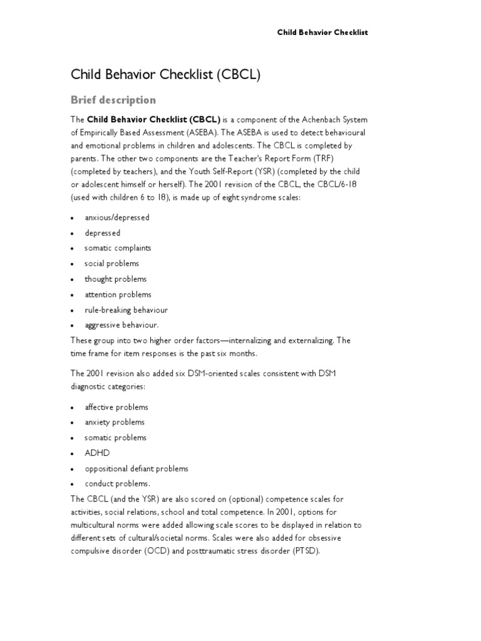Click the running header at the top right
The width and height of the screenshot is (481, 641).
(322, 32)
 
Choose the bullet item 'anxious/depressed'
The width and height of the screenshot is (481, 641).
(117, 217)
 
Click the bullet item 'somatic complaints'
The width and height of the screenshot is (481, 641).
(118, 248)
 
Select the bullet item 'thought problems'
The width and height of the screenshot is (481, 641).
(116, 279)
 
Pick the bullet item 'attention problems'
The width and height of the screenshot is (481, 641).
(118, 294)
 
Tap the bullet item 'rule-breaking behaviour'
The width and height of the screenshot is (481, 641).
(126, 309)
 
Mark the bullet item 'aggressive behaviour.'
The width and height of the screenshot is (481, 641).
(122, 325)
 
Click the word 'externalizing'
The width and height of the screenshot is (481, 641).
(312, 341)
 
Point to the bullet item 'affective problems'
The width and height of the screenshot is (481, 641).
(116, 407)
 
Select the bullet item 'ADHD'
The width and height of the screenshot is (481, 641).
(97, 453)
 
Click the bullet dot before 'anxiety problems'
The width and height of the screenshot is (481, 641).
(73, 423)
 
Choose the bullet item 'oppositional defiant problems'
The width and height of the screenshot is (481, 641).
(136, 468)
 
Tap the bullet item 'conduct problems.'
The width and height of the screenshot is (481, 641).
(117, 483)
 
